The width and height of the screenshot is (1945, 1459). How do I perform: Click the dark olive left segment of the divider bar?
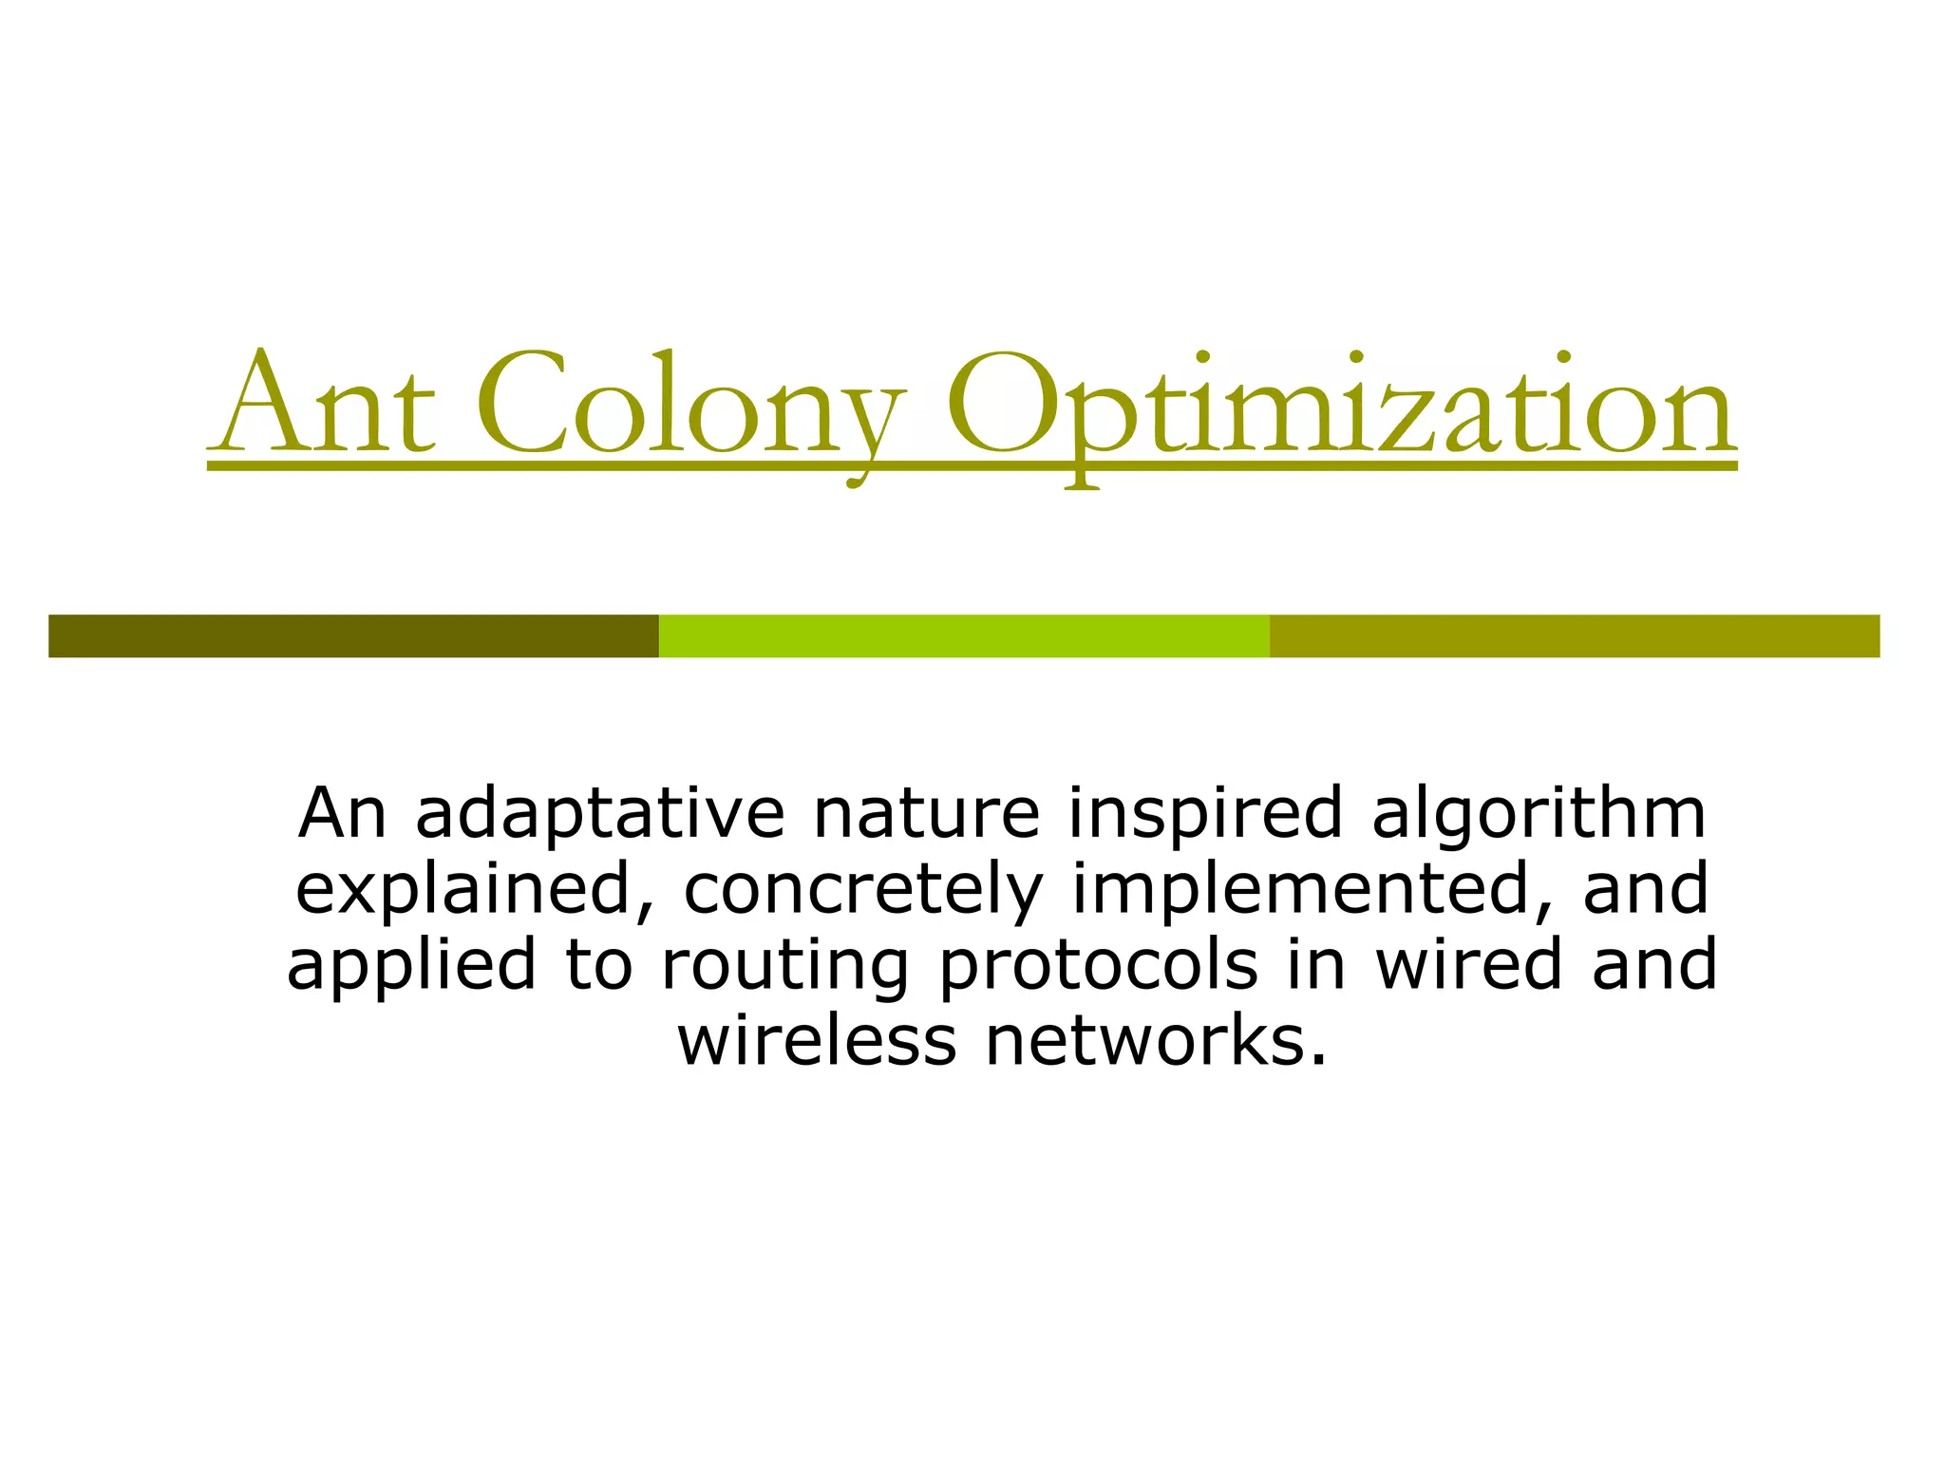[x=353, y=635]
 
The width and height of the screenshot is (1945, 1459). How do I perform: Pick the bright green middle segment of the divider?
[x=964, y=635]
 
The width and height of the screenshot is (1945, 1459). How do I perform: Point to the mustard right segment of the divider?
[x=1574, y=635]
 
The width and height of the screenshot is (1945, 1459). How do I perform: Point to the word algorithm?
[x=1539, y=815]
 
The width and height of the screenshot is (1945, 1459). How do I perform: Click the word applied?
[x=411, y=967]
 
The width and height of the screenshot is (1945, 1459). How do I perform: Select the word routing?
[x=784, y=967]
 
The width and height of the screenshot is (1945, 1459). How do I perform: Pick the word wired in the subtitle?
[x=1468, y=965]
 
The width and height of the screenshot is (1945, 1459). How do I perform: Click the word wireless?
[x=817, y=1041]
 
